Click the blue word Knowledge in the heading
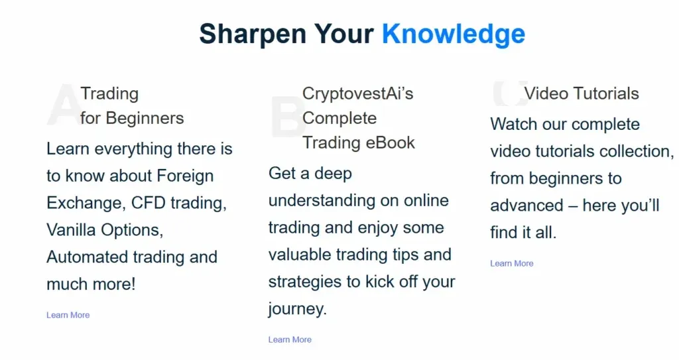454,34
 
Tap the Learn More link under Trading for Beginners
68,315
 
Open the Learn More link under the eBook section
290,339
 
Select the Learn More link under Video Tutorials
511,263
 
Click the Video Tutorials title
582,93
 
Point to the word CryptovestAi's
357,93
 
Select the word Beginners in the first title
145,118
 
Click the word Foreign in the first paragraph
185,176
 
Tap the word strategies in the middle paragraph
306,282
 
